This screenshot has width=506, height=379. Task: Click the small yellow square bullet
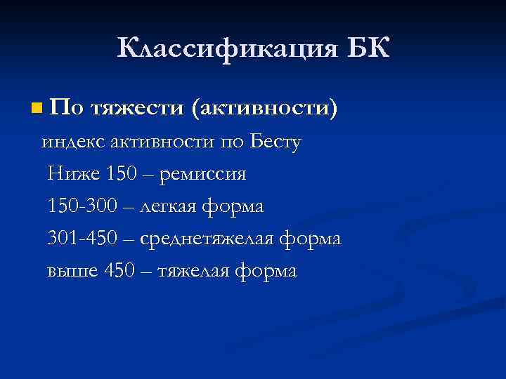(x=37, y=109)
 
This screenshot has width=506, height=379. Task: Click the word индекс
(x=68, y=142)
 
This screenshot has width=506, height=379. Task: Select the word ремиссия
(x=202, y=175)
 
